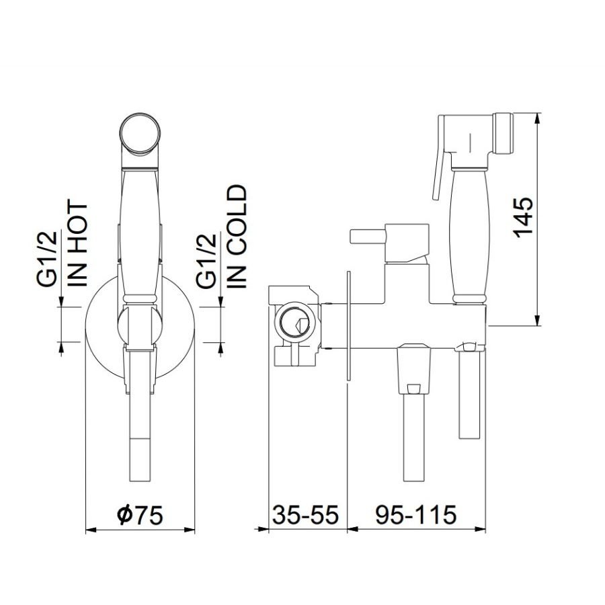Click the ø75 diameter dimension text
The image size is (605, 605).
click(139, 514)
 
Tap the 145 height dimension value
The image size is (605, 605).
click(523, 218)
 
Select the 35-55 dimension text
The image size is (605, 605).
click(305, 514)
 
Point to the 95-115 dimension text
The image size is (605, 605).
click(416, 514)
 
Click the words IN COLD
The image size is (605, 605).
click(236, 237)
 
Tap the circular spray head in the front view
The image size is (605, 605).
click(140, 134)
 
